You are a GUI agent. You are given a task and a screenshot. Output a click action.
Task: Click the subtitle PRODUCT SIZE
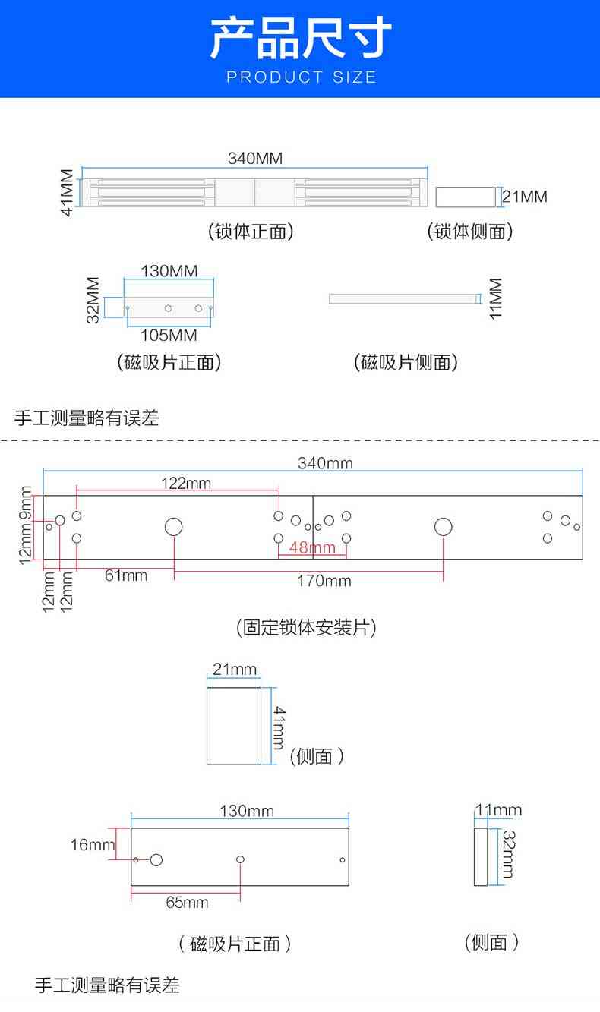click(301, 77)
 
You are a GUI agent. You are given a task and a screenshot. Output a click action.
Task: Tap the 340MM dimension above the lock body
click(255, 159)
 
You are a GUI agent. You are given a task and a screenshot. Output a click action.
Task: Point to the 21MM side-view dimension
click(525, 197)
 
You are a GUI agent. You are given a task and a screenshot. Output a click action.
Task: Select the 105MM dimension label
click(169, 335)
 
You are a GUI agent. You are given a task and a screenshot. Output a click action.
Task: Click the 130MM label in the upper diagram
click(169, 271)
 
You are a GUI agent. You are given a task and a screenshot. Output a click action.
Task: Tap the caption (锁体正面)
click(251, 232)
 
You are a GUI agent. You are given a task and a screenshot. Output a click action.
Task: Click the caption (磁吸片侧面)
click(406, 363)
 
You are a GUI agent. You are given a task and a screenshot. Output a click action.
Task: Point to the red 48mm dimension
click(312, 547)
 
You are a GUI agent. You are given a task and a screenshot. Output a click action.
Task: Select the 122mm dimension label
click(186, 483)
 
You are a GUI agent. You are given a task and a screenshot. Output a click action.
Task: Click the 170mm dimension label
click(325, 581)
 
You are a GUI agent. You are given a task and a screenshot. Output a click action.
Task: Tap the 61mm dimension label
click(126, 575)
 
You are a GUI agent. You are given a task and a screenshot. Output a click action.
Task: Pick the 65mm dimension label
click(187, 902)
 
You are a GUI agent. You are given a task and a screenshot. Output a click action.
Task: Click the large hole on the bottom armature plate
click(156, 859)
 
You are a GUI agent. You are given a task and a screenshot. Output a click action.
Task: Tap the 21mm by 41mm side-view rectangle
click(234, 726)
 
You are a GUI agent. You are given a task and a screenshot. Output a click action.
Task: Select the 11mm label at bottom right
click(498, 810)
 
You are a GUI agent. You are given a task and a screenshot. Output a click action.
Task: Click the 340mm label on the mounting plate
click(325, 463)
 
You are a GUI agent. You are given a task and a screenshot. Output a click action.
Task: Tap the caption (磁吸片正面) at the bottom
click(235, 944)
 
